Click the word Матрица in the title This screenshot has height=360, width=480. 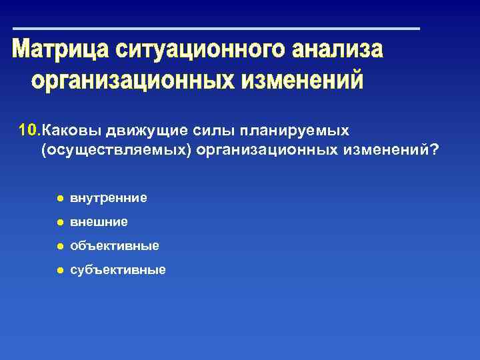tap(61, 51)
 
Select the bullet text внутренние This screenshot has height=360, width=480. tap(109, 198)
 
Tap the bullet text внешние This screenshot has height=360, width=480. tap(99, 222)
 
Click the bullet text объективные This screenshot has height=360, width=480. tap(115, 246)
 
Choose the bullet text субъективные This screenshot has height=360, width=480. tap(118, 270)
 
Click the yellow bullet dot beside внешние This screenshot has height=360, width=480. tap(59, 223)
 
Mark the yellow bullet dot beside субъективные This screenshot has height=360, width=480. tap(59, 271)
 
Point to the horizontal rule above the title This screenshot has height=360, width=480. tap(217, 29)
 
